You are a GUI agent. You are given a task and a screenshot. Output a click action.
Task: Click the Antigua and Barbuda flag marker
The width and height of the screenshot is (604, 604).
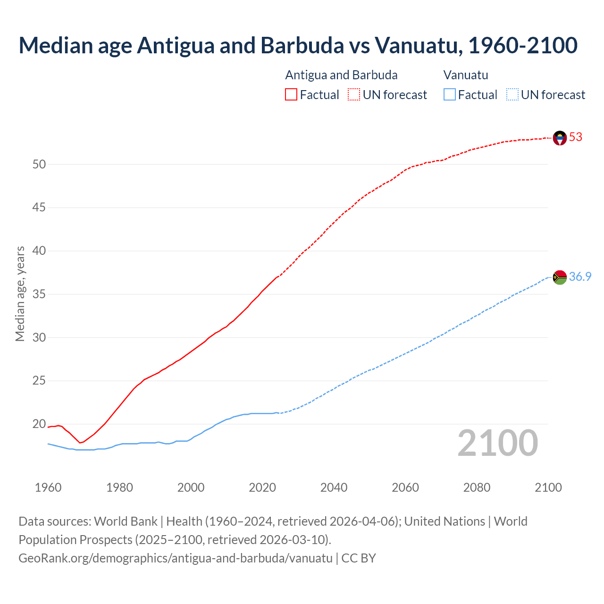point(560,138)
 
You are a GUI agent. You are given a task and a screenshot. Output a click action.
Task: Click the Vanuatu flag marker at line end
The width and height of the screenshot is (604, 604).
point(560,277)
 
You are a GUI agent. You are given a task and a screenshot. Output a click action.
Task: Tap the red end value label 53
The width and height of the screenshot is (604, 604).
point(576,137)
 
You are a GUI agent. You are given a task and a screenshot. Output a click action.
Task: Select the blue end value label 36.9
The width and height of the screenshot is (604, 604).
point(580,277)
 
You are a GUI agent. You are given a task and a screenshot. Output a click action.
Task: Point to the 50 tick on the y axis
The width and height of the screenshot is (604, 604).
point(39,165)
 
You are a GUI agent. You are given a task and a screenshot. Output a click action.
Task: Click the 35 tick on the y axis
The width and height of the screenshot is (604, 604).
point(39,294)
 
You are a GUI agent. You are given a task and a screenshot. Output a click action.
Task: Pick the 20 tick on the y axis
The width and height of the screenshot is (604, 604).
point(39,424)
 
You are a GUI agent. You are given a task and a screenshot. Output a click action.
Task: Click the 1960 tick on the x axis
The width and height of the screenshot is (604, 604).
point(48,487)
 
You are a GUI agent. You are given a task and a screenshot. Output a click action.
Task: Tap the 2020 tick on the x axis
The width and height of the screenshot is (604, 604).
point(262,487)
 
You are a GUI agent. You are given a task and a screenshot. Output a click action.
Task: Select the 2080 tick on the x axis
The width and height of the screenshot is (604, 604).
point(477,487)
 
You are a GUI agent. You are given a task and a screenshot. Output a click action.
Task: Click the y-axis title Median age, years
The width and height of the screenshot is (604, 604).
point(20,294)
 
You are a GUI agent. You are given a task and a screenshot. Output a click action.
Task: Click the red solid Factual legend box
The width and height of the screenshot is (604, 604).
point(291,95)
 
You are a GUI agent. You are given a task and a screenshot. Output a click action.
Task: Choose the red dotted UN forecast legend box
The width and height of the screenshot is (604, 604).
point(354,95)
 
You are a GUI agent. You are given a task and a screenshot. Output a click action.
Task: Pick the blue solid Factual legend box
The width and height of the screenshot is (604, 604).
point(450,95)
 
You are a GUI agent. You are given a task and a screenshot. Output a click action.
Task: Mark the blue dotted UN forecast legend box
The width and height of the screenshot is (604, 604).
point(512,95)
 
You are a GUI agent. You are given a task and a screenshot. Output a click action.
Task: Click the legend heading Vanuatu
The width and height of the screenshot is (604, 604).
point(466,75)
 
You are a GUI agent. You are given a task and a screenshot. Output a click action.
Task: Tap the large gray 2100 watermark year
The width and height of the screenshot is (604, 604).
point(497,443)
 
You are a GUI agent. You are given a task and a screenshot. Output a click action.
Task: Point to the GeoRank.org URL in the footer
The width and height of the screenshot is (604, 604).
point(176,558)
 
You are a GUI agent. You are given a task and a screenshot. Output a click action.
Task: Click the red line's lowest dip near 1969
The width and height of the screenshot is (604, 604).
point(80,443)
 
